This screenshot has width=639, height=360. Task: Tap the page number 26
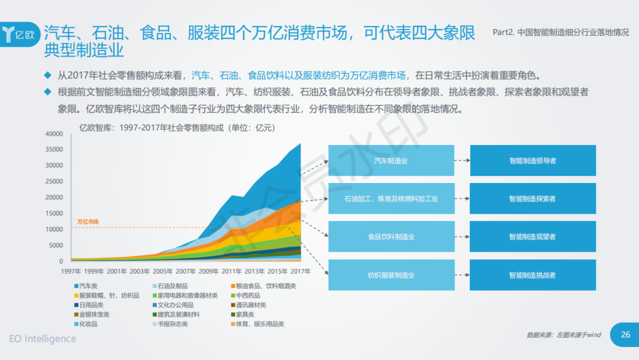click(625, 335)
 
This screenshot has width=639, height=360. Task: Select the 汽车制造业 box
click(391, 160)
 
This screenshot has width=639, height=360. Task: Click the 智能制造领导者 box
click(532, 160)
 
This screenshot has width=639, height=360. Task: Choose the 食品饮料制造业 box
click(391, 237)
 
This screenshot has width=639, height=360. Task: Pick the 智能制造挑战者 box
click(532, 275)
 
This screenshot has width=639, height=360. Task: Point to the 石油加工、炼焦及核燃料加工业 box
click(391, 199)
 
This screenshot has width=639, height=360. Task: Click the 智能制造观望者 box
click(532, 237)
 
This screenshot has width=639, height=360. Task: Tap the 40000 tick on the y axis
click(54, 134)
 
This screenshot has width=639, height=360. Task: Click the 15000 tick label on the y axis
click(54, 214)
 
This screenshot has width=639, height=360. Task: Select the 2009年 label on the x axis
click(209, 271)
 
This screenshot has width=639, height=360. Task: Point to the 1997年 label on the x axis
click(71, 271)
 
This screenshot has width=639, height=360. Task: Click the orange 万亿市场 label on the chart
click(88, 222)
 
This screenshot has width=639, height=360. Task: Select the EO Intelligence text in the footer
click(43, 339)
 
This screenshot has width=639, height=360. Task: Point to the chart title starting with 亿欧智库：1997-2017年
click(177, 127)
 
